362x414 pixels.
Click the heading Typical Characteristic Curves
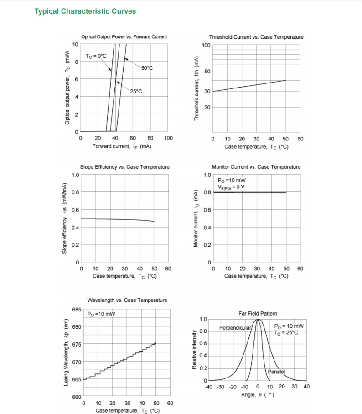[x=85, y=11]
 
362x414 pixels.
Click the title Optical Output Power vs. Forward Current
[x=124, y=37]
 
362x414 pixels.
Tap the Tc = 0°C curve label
[x=96, y=56]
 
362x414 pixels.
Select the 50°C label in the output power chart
[x=147, y=68]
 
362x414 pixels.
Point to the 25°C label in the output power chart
[x=136, y=91]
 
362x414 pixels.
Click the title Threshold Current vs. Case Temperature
[x=256, y=37]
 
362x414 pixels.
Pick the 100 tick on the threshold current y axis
[x=206, y=46]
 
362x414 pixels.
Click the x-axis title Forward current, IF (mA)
[x=122, y=146]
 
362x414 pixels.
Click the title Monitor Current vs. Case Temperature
[x=256, y=167]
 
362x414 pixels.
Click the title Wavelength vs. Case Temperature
[x=127, y=300]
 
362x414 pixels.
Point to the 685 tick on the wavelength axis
[x=77, y=310]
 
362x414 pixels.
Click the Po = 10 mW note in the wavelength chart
[x=101, y=314]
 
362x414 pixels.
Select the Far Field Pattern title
[x=258, y=313]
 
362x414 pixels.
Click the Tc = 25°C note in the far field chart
[x=287, y=333]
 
